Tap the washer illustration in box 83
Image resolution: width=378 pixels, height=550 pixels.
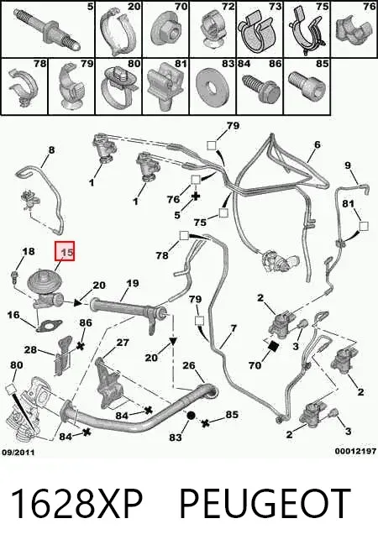coord(213,86)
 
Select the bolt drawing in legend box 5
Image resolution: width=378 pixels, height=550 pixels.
coord(47,29)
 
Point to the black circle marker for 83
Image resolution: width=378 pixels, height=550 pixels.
coord(191,416)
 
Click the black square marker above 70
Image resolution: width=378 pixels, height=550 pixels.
coord(273,346)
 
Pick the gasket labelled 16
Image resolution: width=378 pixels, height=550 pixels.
coord(49,327)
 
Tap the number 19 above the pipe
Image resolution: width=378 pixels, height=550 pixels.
coord(133,284)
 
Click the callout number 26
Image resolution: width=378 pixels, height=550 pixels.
coord(188,365)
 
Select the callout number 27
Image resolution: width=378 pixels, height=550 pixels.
coord(123,342)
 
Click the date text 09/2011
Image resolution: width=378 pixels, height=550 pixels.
coord(18,452)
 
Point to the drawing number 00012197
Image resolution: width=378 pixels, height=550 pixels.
coord(355,451)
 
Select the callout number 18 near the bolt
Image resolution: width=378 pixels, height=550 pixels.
coord(29,251)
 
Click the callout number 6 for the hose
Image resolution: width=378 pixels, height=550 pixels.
coord(318,144)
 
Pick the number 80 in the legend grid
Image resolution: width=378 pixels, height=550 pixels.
coord(134,64)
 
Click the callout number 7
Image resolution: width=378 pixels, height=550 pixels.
coord(234,328)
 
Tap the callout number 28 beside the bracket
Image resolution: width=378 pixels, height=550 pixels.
coord(30,349)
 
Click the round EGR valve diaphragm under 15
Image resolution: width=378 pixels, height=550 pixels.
coord(45,281)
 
